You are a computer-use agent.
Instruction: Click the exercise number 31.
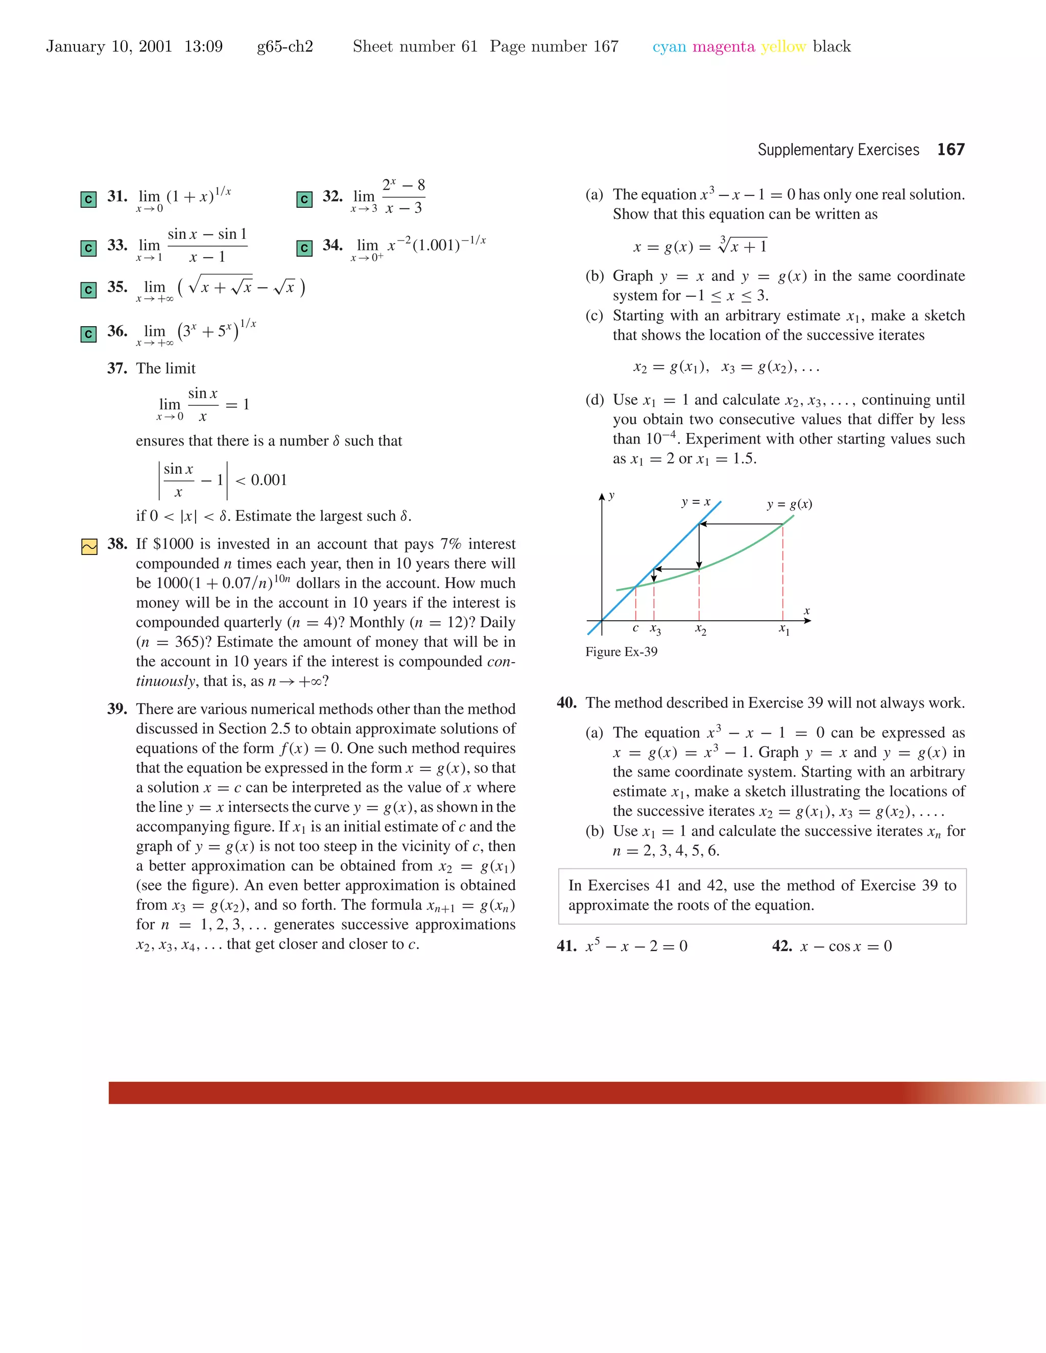point(116,197)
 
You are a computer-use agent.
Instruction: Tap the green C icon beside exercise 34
point(304,249)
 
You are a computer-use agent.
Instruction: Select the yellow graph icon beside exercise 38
point(89,546)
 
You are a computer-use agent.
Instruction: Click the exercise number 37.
point(116,369)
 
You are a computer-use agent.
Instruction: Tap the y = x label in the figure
point(695,502)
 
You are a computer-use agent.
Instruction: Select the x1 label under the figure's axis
point(784,630)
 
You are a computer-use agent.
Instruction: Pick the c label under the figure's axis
point(635,628)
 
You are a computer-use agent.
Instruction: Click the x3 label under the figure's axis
point(655,630)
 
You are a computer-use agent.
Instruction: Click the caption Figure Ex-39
point(621,651)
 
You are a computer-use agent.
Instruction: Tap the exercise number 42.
point(781,946)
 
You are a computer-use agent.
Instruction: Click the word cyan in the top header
point(669,46)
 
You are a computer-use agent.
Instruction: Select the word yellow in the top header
point(783,46)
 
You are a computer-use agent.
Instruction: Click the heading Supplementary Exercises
point(838,150)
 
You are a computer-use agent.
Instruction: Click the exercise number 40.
point(566,703)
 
